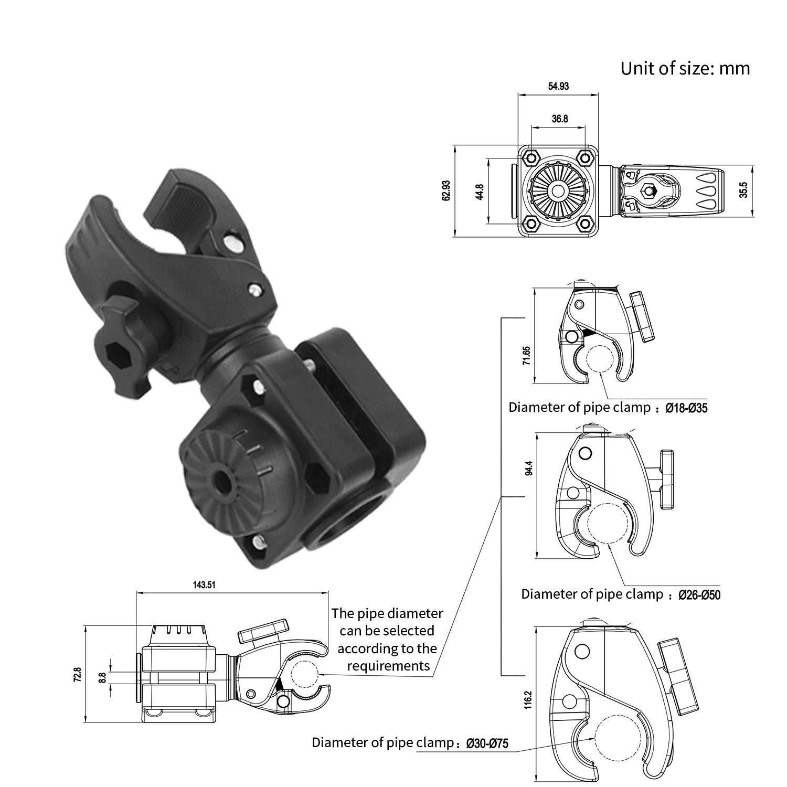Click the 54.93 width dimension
click(x=558, y=86)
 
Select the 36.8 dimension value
click(x=559, y=119)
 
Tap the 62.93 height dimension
click(x=446, y=190)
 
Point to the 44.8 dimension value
click(x=479, y=191)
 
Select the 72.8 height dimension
click(x=77, y=675)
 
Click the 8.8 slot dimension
click(x=103, y=678)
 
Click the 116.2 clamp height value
click(x=528, y=700)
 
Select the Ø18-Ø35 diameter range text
click(x=686, y=408)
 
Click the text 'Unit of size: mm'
click(x=685, y=68)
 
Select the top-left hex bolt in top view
click(x=531, y=157)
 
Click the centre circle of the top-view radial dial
click(x=558, y=190)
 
